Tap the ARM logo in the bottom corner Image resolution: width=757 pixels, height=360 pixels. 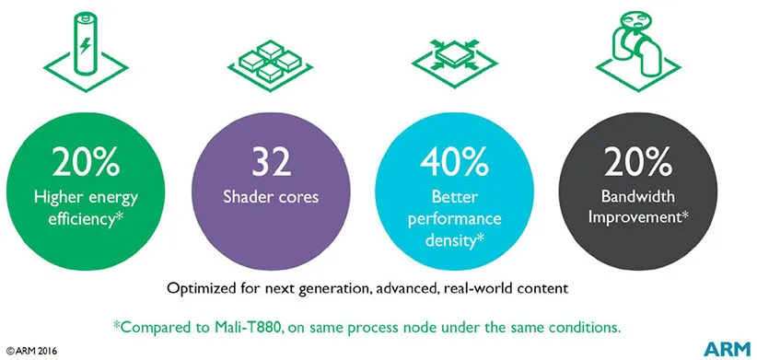[725, 347]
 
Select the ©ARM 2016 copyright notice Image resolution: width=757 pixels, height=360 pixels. [33, 351]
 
